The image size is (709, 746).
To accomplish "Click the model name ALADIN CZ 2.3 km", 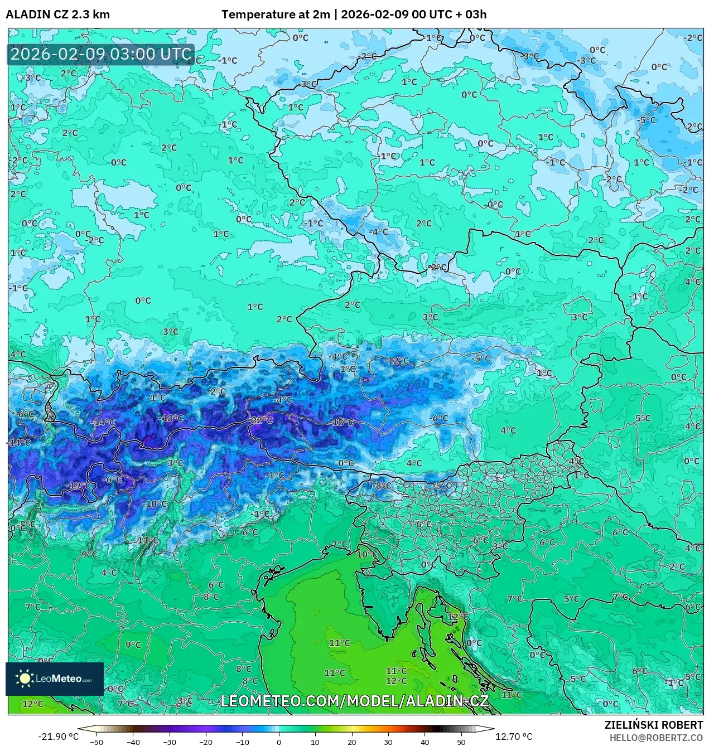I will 57,14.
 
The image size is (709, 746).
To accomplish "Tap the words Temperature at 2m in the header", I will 276,14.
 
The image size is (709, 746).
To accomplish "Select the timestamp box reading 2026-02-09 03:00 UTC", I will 101,55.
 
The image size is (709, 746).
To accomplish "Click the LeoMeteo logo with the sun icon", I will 55,679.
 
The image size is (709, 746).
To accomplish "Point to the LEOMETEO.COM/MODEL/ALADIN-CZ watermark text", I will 355,701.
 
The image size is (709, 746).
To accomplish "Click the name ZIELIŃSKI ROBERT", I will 654,725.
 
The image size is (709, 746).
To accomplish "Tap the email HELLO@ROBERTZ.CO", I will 656,738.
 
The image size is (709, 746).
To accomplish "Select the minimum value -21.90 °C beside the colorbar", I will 58,737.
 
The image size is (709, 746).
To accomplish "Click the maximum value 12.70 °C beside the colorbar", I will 514,737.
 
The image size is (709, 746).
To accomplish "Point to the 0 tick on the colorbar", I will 279,742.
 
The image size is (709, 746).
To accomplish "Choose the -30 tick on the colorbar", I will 170,742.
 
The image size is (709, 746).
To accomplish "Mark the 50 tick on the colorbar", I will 461,742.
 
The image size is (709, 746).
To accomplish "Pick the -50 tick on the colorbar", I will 97,742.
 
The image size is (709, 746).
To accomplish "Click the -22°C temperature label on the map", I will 261,420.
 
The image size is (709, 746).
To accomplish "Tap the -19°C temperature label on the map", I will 78,485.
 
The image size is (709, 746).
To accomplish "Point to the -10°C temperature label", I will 155,504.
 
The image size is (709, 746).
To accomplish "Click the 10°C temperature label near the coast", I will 366,554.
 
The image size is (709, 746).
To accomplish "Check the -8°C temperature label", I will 383,486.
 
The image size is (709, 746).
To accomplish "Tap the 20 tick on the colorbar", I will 351,742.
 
